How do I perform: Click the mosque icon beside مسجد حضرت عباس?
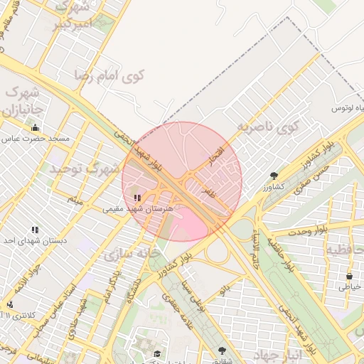(36, 127)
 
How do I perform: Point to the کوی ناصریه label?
(267, 128)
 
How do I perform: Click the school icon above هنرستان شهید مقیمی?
(137, 198)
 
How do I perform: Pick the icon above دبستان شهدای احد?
(35, 230)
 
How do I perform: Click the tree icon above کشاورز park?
(274, 175)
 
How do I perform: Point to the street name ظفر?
(208, 192)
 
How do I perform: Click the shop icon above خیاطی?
(349, 276)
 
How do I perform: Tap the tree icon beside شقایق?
(223, 350)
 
